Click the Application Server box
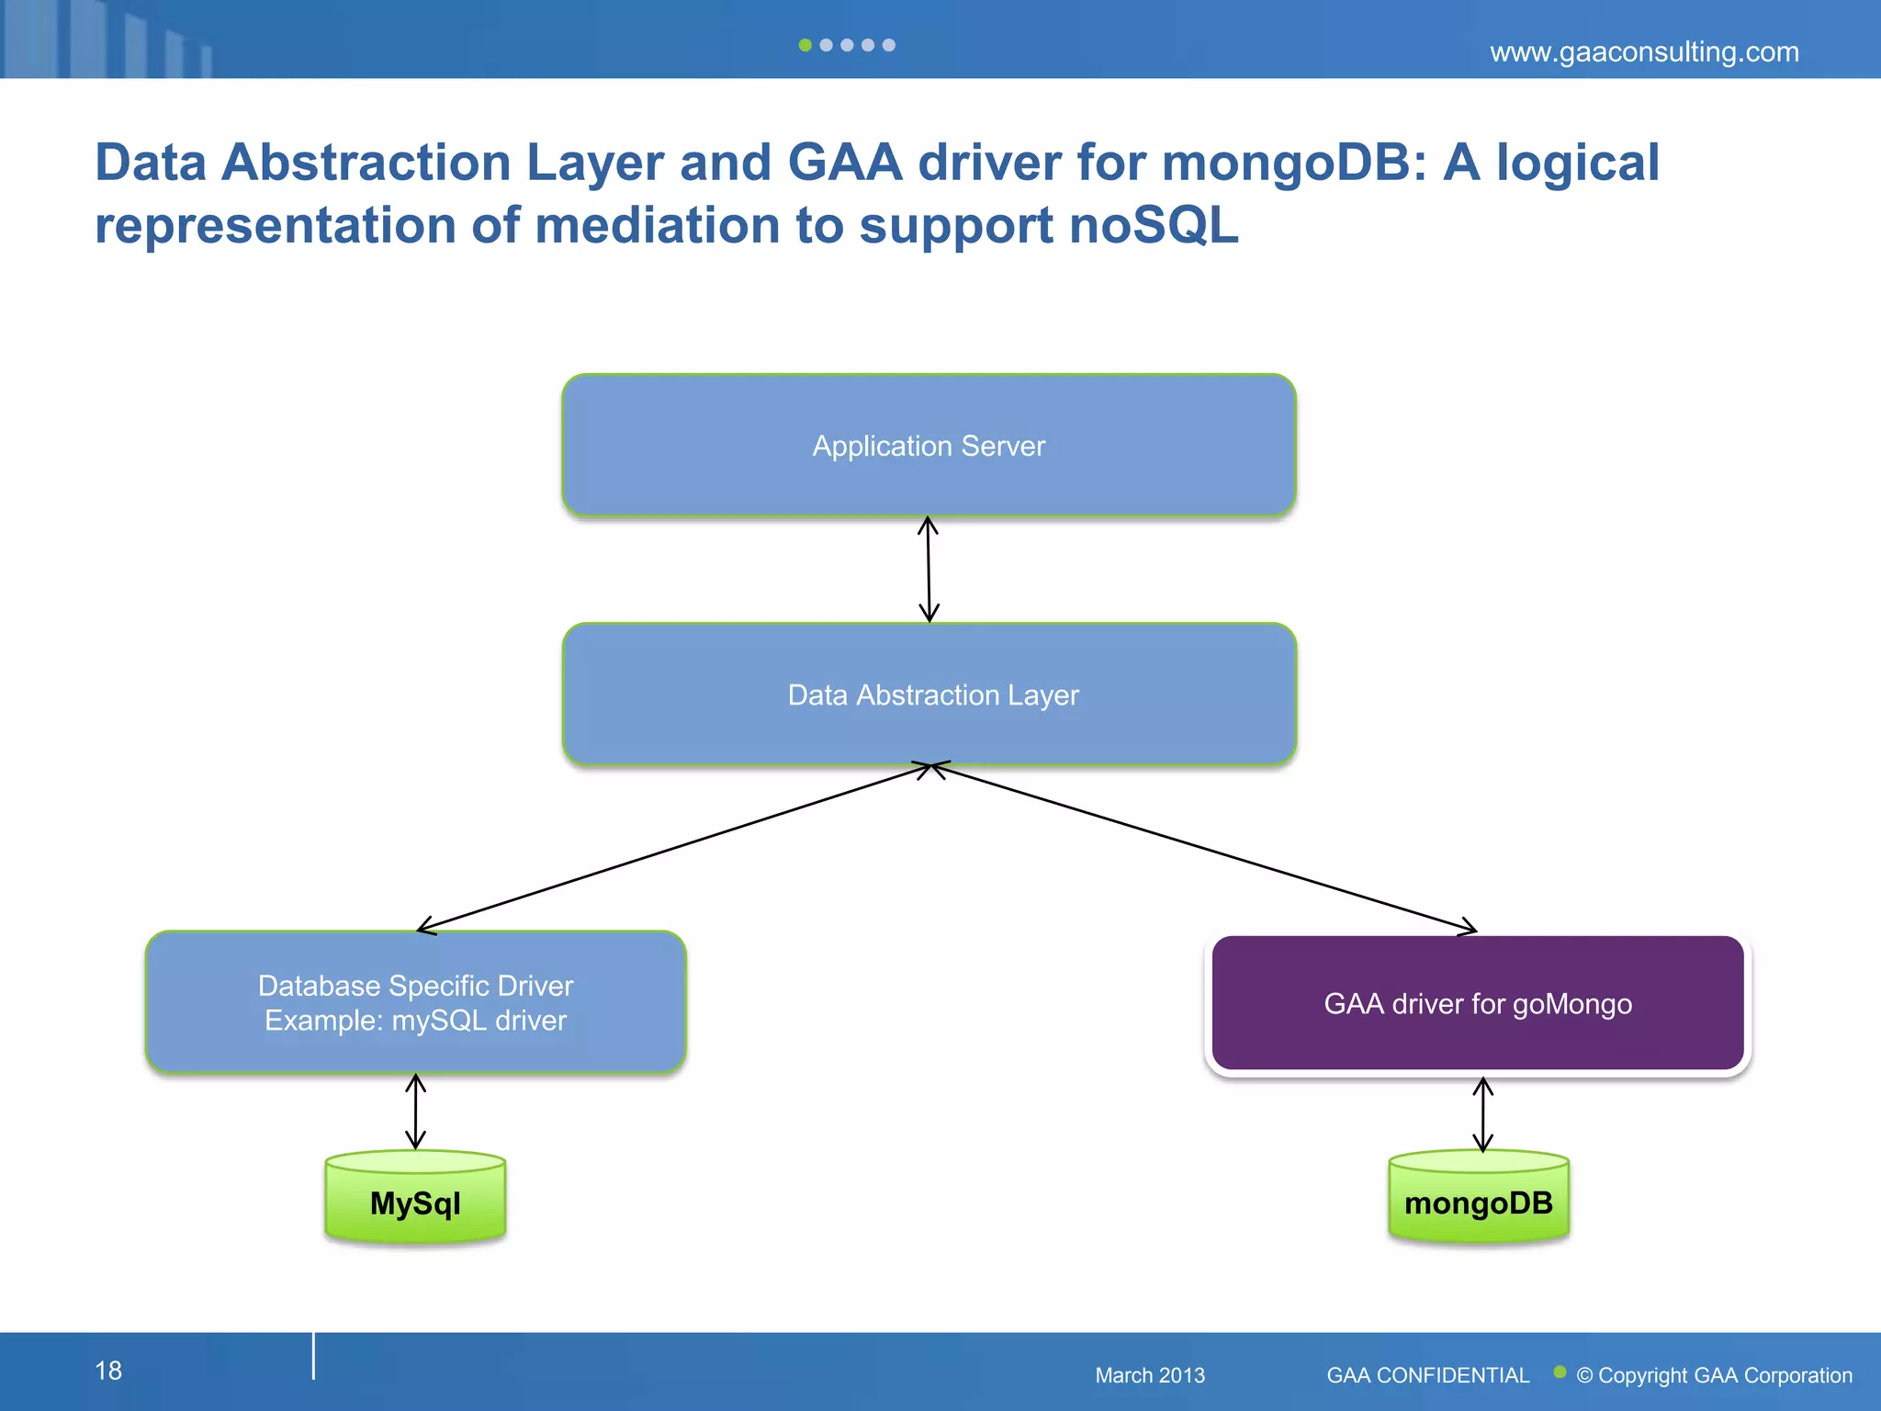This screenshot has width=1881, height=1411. [x=929, y=446]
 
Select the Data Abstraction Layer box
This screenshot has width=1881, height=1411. [x=929, y=694]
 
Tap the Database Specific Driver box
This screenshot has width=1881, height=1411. [x=415, y=1002]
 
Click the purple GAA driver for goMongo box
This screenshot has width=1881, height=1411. [x=1477, y=1003]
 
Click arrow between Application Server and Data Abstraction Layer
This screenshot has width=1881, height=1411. [x=929, y=570]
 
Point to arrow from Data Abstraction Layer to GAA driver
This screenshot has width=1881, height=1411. [x=1203, y=847]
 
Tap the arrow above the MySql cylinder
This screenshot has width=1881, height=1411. [x=415, y=1112]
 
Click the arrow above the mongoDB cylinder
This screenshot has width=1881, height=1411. [x=1482, y=1114]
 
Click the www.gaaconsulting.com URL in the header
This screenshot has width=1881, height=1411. [x=1643, y=52]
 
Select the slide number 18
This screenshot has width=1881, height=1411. [x=108, y=1371]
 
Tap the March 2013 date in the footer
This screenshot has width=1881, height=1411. [x=1149, y=1375]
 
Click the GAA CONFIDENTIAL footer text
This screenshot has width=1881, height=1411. [x=1427, y=1375]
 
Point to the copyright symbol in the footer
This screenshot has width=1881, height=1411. [x=1584, y=1376]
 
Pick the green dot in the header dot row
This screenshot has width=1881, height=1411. [x=805, y=45]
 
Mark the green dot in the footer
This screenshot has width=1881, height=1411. [x=1559, y=1371]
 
